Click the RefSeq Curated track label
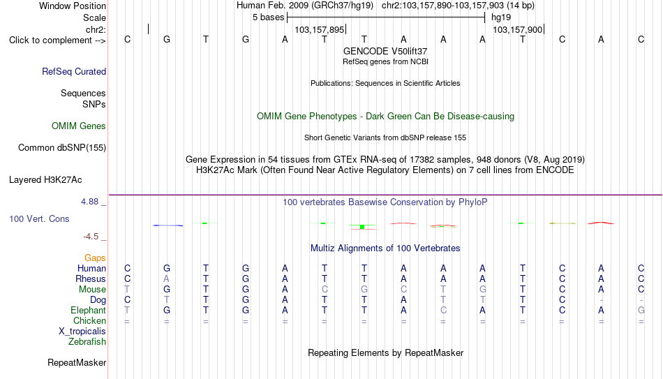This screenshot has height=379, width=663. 74,71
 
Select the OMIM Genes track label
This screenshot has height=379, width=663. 79,126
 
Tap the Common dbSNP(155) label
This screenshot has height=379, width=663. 62,148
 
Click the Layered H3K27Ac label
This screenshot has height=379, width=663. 45,180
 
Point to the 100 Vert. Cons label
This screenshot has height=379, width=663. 39,218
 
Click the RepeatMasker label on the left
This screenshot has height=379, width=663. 77,362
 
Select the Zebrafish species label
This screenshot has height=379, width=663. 87,341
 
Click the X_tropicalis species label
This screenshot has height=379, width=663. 82,332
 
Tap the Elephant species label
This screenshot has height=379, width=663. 89,310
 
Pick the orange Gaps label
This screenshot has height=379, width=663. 95,258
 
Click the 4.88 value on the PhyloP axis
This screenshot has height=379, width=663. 89,201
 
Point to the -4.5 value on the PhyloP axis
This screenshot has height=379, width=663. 91,237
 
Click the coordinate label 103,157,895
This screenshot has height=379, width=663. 320,29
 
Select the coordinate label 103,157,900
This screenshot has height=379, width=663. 518,29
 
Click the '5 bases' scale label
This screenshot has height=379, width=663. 269,17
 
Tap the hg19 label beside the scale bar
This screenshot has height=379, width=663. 501,17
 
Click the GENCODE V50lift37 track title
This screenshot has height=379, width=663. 385,51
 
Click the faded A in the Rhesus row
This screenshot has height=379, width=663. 167,278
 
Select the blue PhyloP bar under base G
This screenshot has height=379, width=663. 168,225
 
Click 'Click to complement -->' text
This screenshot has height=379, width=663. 57,40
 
